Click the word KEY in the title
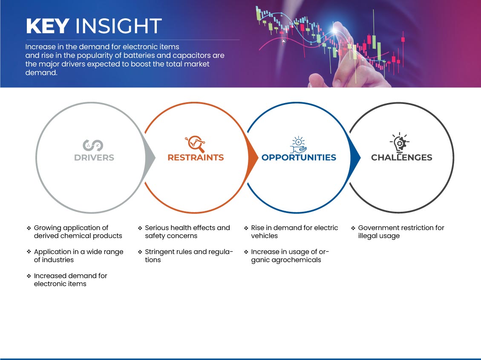(48, 26)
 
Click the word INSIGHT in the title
(118, 26)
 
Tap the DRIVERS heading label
(94, 158)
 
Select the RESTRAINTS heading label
(196, 158)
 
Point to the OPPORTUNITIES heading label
(299, 158)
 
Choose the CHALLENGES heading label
(402, 158)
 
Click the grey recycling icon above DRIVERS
(93, 145)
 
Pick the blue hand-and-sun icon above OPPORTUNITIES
(299, 145)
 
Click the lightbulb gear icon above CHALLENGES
(399, 143)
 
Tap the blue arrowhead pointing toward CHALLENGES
(355, 158)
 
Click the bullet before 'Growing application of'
(29, 228)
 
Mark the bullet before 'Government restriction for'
(353, 228)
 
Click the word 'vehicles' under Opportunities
(265, 236)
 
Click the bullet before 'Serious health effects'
(140, 228)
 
